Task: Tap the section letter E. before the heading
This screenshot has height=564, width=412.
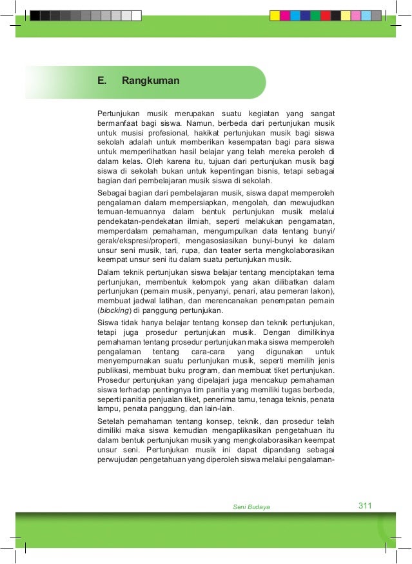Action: coord(101,81)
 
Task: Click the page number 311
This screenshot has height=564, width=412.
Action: coord(365,505)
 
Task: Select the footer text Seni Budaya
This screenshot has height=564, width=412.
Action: coord(251,507)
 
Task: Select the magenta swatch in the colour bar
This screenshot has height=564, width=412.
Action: coord(285,15)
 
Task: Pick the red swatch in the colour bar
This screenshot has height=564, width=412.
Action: coord(326,15)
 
